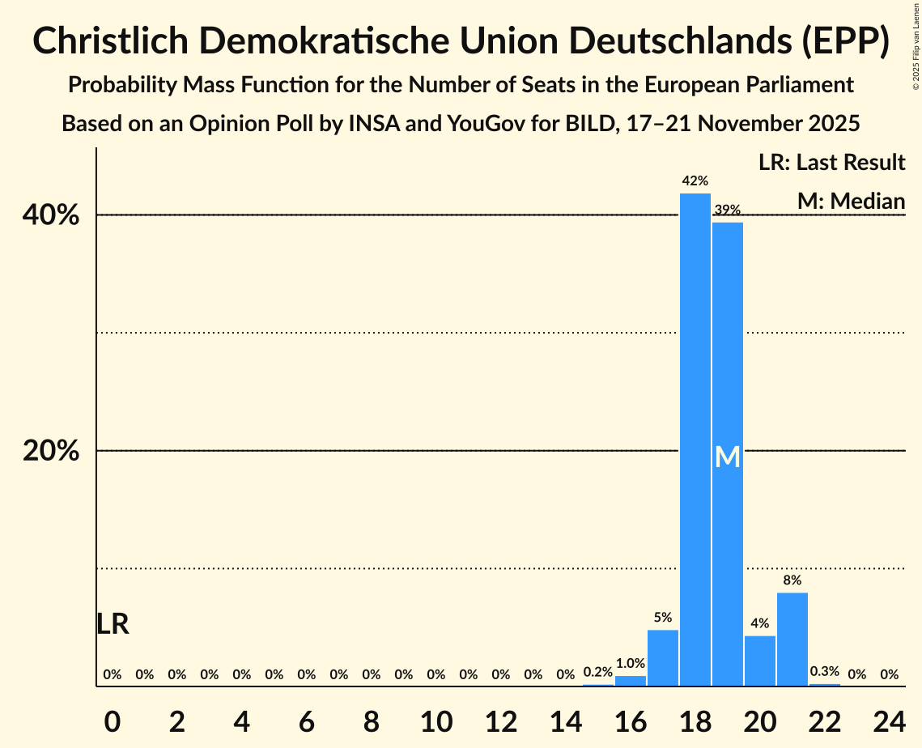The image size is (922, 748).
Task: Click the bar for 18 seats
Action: click(x=695, y=440)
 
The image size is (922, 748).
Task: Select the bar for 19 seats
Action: click(x=727, y=454)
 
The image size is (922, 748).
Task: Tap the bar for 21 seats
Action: click(x=792, y=640)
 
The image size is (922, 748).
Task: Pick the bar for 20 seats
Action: click(x=759, y=661)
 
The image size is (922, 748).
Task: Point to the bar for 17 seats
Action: click(x=662, y=657)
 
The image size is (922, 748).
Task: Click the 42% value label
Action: click(x=695, y=181)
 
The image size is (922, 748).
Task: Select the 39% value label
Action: click(x=727, y=210)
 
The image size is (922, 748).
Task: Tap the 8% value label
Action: click(x=792, y=580)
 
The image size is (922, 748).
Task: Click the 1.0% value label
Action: click(x=630, y=663)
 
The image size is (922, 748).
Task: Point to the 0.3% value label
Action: click(x=824, y=671)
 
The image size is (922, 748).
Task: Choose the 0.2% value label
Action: click(x=597, y=672)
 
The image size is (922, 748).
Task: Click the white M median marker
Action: click(x=727, y=457)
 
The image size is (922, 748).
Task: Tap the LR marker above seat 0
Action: click(x=113, y=624)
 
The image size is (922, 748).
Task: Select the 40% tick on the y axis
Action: click(x=51, y=216)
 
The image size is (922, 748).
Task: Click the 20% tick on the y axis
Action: click(x=51, y=451)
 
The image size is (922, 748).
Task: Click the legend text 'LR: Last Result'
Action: click(x=831, y=163)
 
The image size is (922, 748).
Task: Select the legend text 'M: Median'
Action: click(x=850, y=201)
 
